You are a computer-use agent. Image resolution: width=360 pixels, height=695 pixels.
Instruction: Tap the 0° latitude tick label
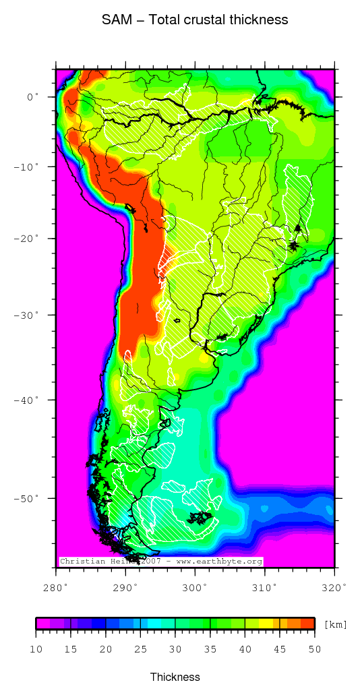[x=33, y=97]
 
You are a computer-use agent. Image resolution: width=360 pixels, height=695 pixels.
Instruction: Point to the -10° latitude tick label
[x=27, y=166]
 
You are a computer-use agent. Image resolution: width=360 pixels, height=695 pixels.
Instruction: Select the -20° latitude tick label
[x=27, y=239]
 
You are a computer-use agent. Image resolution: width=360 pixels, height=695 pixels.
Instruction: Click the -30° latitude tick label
[x=27, y=315]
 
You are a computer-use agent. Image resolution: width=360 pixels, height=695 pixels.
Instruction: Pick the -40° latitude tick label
[x=27, y=400]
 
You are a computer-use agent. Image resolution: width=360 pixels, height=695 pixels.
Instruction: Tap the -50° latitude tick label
[x=27, y=498]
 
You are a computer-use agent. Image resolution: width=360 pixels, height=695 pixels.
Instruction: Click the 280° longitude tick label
[x=56, y=587]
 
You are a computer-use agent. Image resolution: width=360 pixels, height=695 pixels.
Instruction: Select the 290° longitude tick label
[x=125, y=587]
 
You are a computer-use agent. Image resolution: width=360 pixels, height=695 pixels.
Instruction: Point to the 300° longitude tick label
[x=195, y=587]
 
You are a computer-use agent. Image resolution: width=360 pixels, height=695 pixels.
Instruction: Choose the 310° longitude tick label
[x=264, y=587]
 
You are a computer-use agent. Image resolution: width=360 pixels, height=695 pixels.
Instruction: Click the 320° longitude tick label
[x=334, y=587]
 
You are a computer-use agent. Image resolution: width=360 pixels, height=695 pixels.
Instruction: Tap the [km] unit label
[x=335, y=625]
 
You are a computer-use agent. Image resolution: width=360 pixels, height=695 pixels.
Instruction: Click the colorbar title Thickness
[x=175, y=677]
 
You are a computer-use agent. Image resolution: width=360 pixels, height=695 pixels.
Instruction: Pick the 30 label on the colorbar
[x=175, y=649]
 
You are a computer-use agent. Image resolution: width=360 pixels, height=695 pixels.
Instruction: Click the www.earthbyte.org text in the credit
[x=219, y=562]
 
